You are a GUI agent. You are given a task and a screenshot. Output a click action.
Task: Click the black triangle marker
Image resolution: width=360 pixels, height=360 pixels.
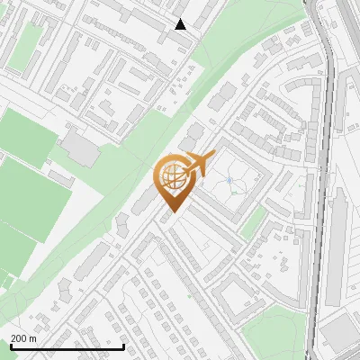(x=181, y=24)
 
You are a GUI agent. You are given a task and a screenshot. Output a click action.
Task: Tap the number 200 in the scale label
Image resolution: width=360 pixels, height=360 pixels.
(x=19, y=339)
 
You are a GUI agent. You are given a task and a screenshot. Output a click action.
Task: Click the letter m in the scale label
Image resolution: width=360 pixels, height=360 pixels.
(x=32, y=339)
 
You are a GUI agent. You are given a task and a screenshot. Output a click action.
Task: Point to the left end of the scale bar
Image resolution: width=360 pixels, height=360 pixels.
(x=10, y=346)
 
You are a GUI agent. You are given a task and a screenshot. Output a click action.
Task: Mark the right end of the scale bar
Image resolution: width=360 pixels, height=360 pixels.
(x=123, y=346)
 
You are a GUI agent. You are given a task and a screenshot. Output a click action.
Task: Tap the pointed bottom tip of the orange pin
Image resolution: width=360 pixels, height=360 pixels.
(x=171, y=212)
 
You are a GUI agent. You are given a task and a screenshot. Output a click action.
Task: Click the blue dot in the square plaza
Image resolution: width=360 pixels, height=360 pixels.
(x=229, y=181)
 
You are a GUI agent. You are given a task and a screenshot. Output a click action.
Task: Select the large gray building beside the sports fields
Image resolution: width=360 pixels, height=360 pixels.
(x=81, y=148)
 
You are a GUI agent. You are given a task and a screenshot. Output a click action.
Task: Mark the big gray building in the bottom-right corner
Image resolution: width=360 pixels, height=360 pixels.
(x=339, y=333)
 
